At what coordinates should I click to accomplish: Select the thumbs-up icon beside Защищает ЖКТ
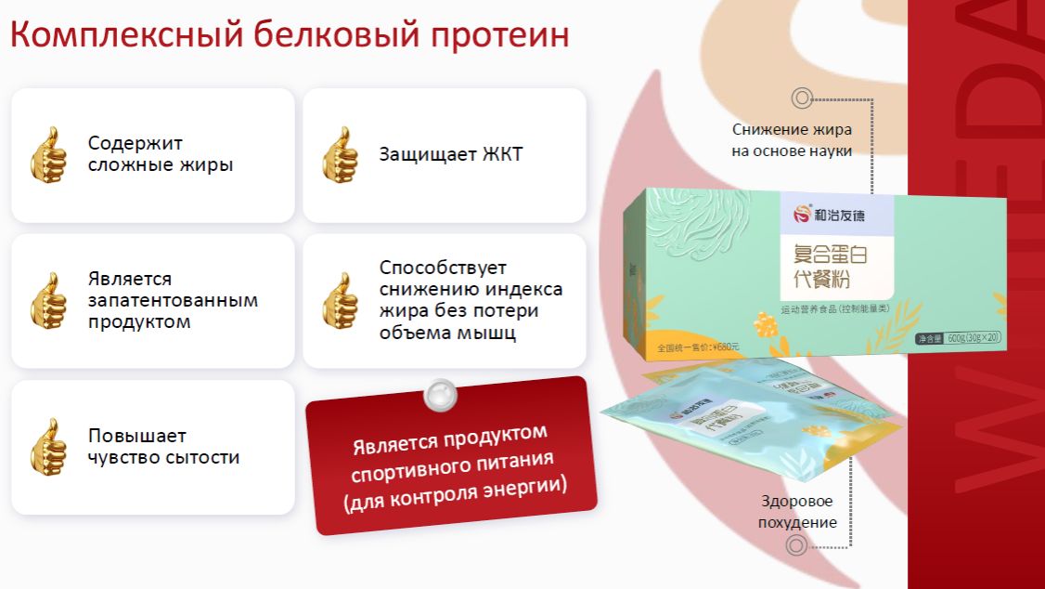(340, 154)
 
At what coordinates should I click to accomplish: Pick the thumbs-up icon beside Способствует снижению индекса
(340, 300)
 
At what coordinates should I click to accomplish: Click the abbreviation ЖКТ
(502, 154)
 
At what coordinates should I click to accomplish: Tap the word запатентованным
(173, 300)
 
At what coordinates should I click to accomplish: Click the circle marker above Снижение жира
(802, 98)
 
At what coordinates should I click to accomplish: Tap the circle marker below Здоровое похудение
(796, 545)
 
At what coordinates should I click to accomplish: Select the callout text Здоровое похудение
(796, 512)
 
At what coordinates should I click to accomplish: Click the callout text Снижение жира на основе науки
(792, 140)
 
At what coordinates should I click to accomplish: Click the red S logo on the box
(800, 213)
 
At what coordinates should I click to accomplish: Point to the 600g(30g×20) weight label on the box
(963, 337)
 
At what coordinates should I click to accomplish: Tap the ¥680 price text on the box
(698, 347)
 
